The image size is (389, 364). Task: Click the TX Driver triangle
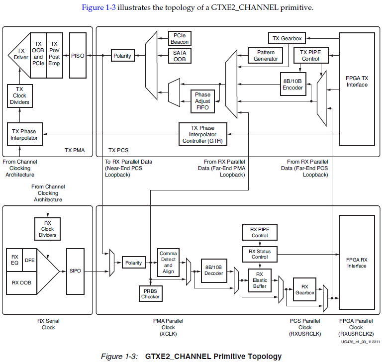(x=20, y=54)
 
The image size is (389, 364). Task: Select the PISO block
(x=78, y=56)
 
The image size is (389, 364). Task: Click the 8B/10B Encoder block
(x=292, y=84)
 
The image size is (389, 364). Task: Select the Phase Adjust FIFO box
(x=202, y=101)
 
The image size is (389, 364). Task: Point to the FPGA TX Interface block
(x=357, y=89)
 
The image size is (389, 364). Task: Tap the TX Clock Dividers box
(x=19, y=95)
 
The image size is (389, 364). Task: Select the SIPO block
(x=75, y=271)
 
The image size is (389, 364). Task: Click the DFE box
(x=29, y=260)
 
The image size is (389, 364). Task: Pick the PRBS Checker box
(x=150, y=293)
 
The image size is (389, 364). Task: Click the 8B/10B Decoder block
(x=214, y=271)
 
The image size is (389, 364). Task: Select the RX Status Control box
(x=259, y=254)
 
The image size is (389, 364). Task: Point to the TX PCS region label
(x=118, y=150)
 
